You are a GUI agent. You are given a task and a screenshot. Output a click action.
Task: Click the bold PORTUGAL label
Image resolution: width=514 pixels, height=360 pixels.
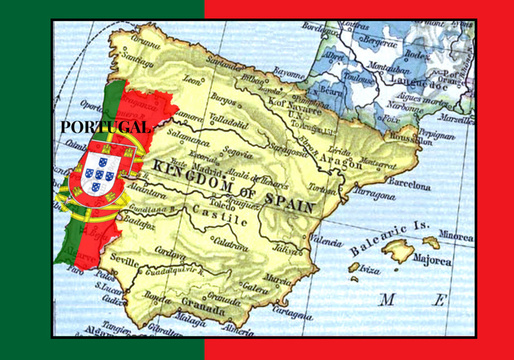[105, 127]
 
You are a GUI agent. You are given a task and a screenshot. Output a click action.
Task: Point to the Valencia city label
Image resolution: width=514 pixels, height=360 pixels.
[327, 241]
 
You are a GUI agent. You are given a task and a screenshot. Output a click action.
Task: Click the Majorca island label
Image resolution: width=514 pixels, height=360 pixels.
[431, 261]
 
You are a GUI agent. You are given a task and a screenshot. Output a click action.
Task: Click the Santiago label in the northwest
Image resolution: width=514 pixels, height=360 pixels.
[137, 59]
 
